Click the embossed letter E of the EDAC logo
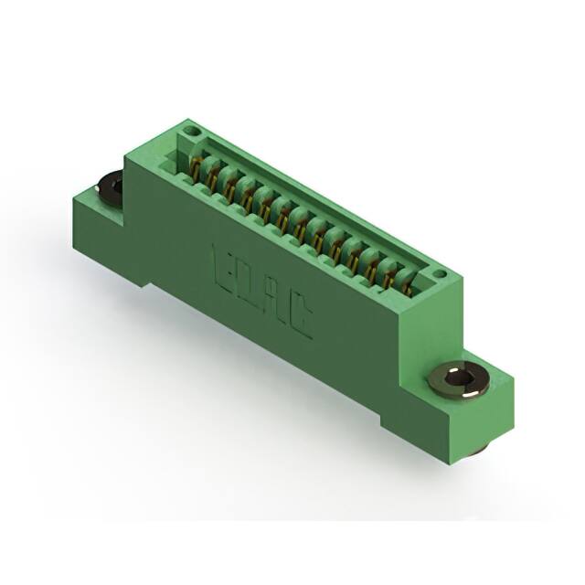coord(222,262)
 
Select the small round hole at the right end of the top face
coord(439,272)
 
